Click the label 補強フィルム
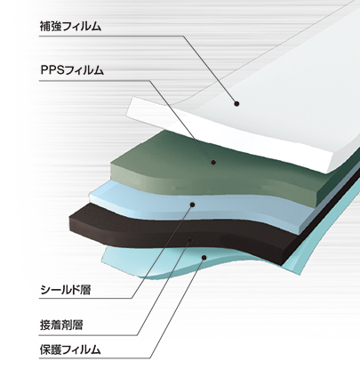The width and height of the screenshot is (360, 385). point(70,27)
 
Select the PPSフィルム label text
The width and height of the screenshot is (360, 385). point(72,70)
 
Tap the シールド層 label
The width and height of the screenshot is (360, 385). point(65,290)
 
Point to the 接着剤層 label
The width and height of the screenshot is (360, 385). point(61,325)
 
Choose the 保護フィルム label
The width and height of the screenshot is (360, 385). point(70,349)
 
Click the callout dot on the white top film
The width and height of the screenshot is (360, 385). point(236,103)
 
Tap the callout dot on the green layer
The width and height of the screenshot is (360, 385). point(213,162)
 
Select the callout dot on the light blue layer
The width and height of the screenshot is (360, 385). point(193,205)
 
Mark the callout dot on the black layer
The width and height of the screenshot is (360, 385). point(190,240)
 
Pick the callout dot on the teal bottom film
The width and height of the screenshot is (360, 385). point(204,257)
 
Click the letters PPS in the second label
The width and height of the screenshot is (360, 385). point(52,70)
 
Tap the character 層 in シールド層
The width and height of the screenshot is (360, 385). point(85,290)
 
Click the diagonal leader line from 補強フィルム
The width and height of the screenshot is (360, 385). point(210,69)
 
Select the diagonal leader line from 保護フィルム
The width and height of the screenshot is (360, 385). point(177,308)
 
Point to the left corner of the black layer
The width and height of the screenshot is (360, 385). point(69,218)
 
